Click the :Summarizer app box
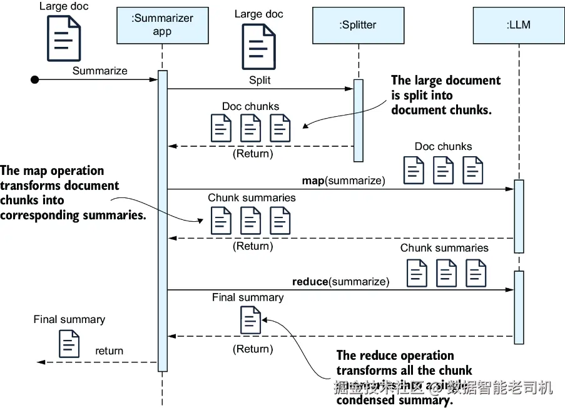coord(162,26)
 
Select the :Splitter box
coord(358,26)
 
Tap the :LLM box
coord(518,26)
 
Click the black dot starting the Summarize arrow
coord(35,79)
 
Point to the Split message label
coord(260,81)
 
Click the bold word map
coord(313,181)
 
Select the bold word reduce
coord(310,282)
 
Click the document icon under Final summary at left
coord(69,344)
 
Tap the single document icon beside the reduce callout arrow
coord(250,320)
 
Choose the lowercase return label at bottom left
coord(109,351)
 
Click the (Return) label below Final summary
coord(253,349)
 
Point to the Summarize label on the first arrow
coord(99,71)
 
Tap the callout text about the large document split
coord(445,95)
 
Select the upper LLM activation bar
coord(519,216)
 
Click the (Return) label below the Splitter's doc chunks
coord(253,153)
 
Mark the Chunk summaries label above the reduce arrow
coord(444,248)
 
